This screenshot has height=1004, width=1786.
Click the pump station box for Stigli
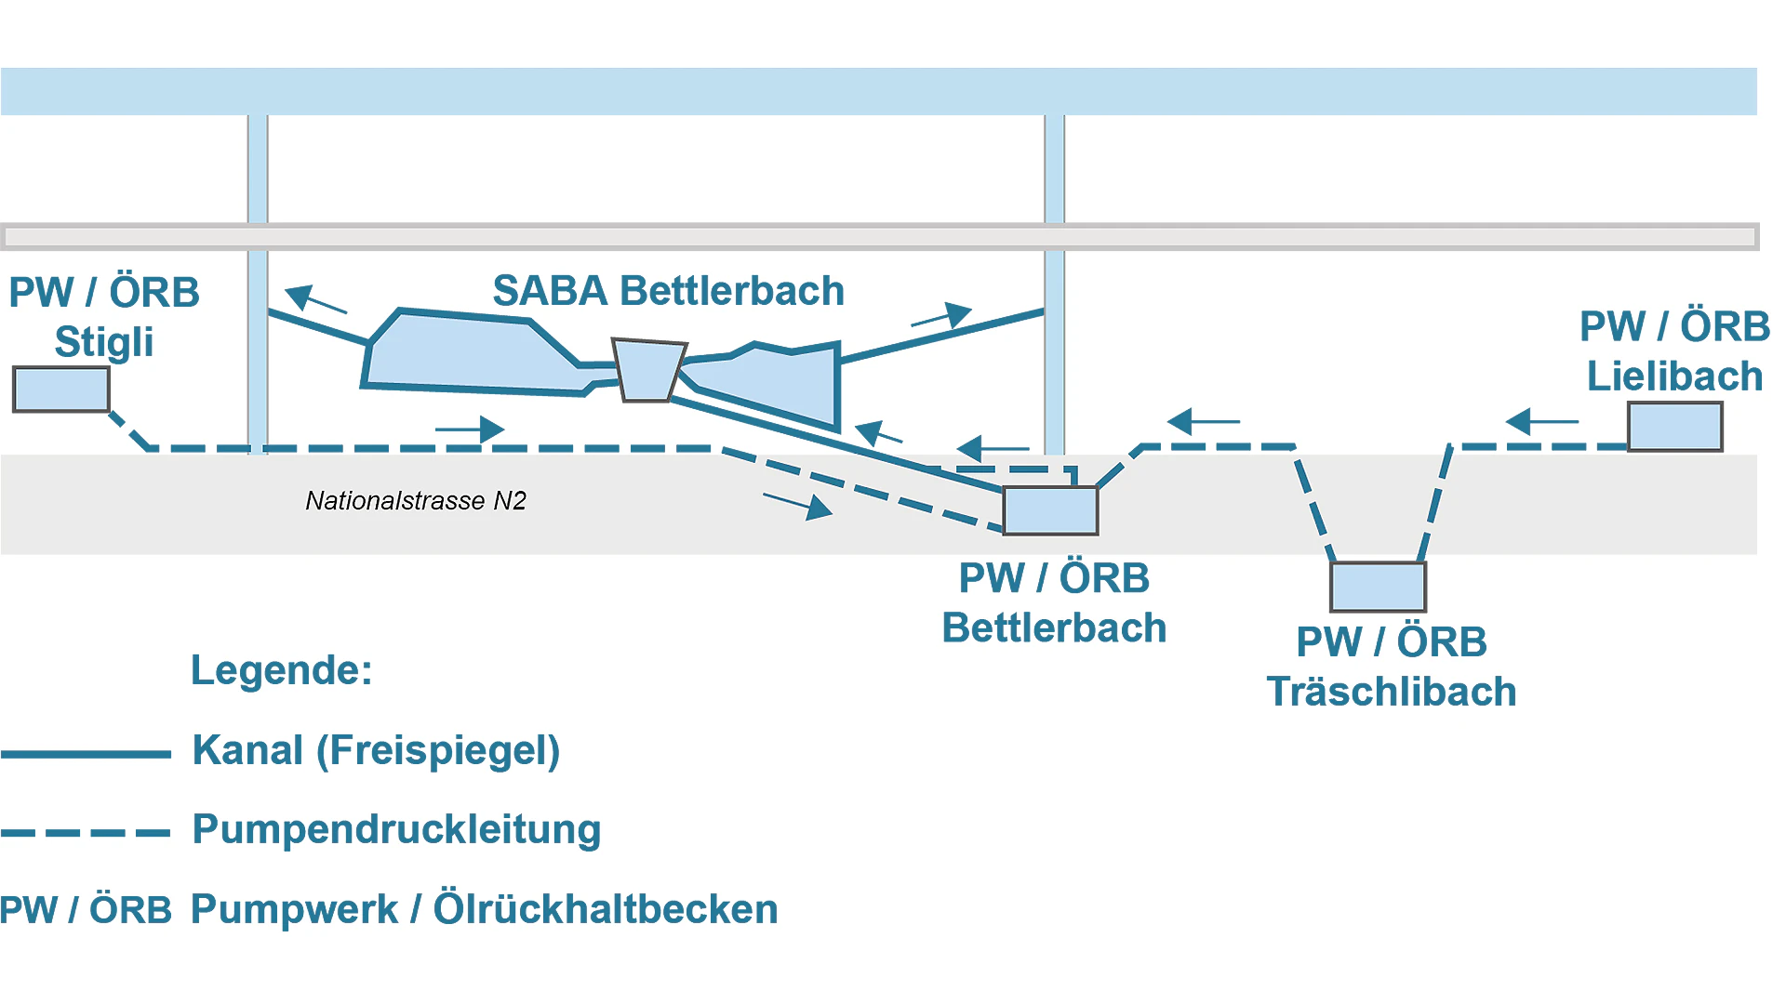tap(61, 390)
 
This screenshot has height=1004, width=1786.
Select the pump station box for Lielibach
tap(1674, 427)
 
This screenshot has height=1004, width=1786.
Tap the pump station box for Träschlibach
tap(1378, 587)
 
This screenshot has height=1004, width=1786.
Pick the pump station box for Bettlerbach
tap(1050, 510)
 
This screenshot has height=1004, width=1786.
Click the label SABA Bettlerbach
tap(668, 291)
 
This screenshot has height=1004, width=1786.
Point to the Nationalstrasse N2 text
tap(416, 501)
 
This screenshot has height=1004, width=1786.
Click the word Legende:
tap(281, 670)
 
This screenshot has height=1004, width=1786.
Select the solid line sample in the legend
tap(86, 754)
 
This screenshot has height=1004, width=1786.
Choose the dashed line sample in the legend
tap(86, 833)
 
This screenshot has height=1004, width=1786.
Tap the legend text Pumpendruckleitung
tap(396, 829)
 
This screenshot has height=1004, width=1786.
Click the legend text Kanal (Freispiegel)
tap(376, 750)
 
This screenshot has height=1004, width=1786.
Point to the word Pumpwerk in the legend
tap(294, 909)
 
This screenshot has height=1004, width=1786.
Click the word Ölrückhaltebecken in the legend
tap(606, 908)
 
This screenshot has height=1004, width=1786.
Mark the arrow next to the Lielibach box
tap(1541, 421)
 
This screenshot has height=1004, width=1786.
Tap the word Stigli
tap(103, 342)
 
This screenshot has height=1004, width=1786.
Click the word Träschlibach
tap(1392, 692)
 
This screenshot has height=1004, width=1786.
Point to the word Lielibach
tap(1674, 376)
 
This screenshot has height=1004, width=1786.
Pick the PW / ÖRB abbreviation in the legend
tap(86, 910)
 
